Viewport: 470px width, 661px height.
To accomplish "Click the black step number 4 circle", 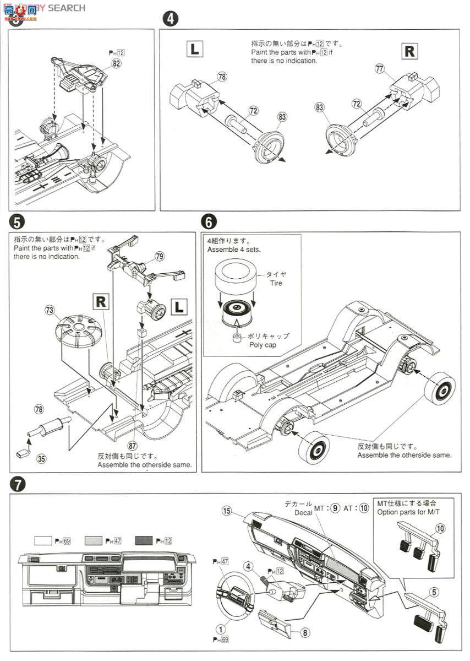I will pyautogui.click(x=171, y=18).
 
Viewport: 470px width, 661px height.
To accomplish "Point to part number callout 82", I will pyautogui.click(x=116, y=63).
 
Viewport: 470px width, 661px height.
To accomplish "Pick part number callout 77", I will pyautogui.click(x=379, y=68).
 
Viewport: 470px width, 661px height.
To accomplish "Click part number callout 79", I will pyautogui.click(x=159, y=256).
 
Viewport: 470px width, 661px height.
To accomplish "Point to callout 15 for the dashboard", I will pyautogui.click(x=227, y=511).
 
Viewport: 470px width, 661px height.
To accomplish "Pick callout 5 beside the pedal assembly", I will pyautogui.click(x=434, y=592).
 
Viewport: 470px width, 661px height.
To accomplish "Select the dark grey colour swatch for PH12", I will pyautogui.click(x=144, y=541).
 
